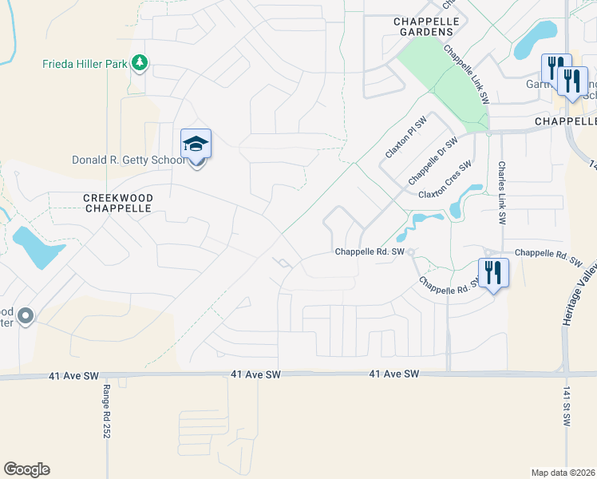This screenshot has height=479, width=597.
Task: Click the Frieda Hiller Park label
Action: click(85, 64)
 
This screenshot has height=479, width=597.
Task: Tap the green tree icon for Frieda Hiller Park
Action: click(140, 62)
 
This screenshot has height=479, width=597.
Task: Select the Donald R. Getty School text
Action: click(128, 160)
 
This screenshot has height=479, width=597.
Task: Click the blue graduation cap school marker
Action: click(196, 145)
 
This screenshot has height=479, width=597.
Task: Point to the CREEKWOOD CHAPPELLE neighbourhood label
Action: click(117, 202)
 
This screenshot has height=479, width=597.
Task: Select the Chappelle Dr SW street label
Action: click(432, 160)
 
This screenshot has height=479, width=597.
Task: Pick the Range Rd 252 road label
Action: click(105, 411)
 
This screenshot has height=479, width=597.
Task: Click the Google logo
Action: click(26, 469)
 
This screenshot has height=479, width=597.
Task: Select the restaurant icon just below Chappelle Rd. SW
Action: click(493, 274)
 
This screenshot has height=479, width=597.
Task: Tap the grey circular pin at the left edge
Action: click(26, 317)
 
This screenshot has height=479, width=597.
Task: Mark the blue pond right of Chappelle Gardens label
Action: click(536, 39)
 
